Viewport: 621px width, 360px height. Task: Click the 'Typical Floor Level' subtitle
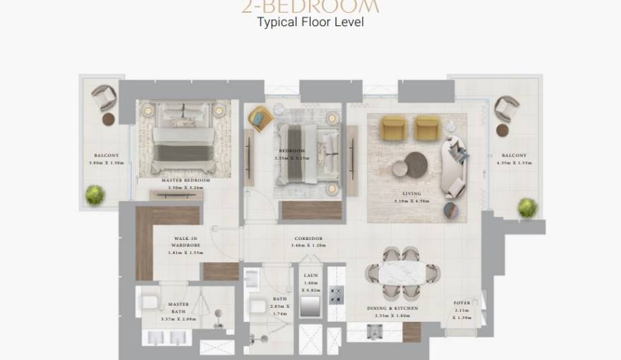pyautogui.click(x=310, y=22)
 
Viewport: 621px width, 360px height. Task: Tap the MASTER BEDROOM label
pyautogui.click(x=186, y=180)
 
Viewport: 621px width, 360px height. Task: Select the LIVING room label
pyautogui.click(x=411, y=193)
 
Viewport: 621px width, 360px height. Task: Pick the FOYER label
pyautogui.click(x=462, y=304)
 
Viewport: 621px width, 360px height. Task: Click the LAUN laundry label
pyautogui.click(x=311, y=275)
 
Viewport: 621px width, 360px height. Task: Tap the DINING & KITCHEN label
pyautogui.click(x=393, y=308)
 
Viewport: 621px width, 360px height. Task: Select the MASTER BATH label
pyautogui.click(x=179, y=305)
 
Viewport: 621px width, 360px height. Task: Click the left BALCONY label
pyautogui.click(x=107, y=155)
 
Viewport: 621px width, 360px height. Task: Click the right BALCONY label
pyautogui.click(x=514, y=155)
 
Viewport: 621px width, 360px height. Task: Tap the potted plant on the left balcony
pyautogui.click(x=95, y=194)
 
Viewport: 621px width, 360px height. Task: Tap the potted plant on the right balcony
pyautogui.click(x=527, y=207)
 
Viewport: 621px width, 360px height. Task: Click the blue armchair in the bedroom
pyautogui.click(x=259, y=116)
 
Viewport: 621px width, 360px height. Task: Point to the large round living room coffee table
pyautogui.click(x=416, y=163)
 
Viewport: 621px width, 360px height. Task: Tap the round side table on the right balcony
pyautogui.click(x=502, y=130)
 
